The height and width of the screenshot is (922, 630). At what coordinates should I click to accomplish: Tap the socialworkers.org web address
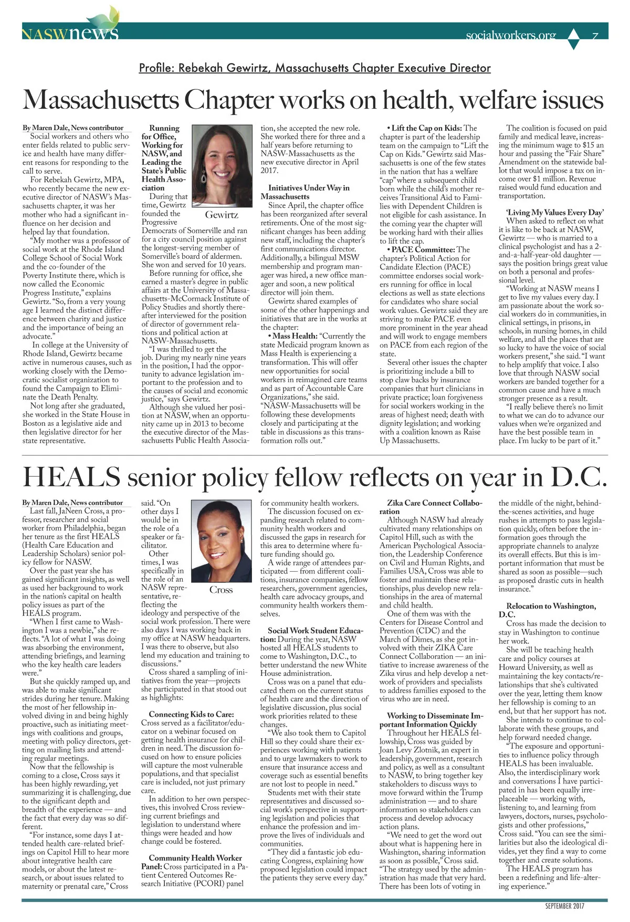[x=510, y=35]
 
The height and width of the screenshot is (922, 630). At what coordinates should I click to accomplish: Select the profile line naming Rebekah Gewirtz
[x=314, y=68]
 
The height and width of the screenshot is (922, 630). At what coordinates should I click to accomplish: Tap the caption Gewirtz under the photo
[x=222, y=215]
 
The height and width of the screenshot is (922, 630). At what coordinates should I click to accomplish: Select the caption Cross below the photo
[x=221, y=590]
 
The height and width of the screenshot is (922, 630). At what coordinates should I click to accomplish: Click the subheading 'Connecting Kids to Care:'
[x=191, y=714]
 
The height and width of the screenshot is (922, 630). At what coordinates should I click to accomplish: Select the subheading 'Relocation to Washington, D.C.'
[x=551, y=610]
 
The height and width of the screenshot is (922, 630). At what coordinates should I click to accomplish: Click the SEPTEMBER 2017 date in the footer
[x=564, y=906]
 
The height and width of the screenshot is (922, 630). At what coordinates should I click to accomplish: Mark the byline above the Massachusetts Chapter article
[x=73, y=128]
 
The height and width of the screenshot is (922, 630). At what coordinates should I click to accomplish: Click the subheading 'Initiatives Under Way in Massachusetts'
[x=308, y=192]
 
